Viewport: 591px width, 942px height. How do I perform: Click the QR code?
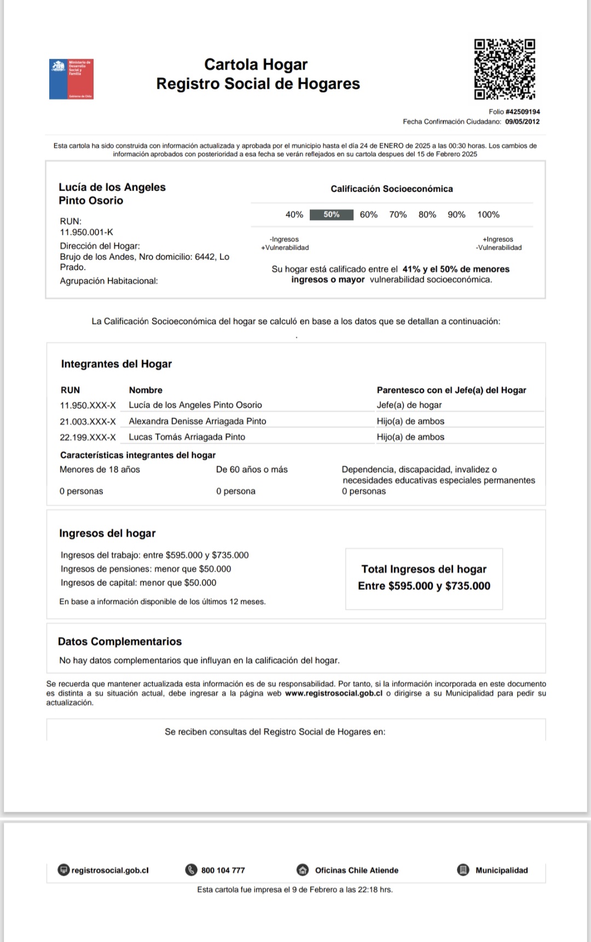[504, 69]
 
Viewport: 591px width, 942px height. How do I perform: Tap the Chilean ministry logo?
[71, 79]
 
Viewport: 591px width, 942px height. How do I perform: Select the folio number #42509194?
[523, 112]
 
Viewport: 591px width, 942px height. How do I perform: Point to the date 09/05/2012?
[522, 121]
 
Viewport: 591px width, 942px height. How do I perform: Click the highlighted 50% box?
[331, 214]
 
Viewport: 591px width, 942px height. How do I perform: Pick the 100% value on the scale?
[488, 214]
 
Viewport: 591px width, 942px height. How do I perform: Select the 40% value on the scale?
[294, 214]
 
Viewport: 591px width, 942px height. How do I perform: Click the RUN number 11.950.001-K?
[86, 232]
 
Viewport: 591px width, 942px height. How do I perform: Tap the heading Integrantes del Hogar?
[116, 364]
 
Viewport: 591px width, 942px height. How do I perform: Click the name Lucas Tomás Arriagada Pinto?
[187, 437]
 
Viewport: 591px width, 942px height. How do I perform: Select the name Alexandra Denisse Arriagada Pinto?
[197, 421]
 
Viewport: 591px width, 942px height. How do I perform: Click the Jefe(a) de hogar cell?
[409, 405]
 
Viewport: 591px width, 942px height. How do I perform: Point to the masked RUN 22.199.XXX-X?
[88, 437]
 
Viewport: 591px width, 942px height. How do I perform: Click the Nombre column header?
[146, 390]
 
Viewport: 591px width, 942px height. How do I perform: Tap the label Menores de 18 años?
[100, 469]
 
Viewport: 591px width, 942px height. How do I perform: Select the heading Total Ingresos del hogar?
[424, 569]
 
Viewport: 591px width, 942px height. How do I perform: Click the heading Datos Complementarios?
[119, 641]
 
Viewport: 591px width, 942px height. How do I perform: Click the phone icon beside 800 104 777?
[191, 870]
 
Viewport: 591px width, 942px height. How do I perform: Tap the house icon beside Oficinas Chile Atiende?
[302, 870]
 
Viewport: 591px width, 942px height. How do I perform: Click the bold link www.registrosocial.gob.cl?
[333, 693]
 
